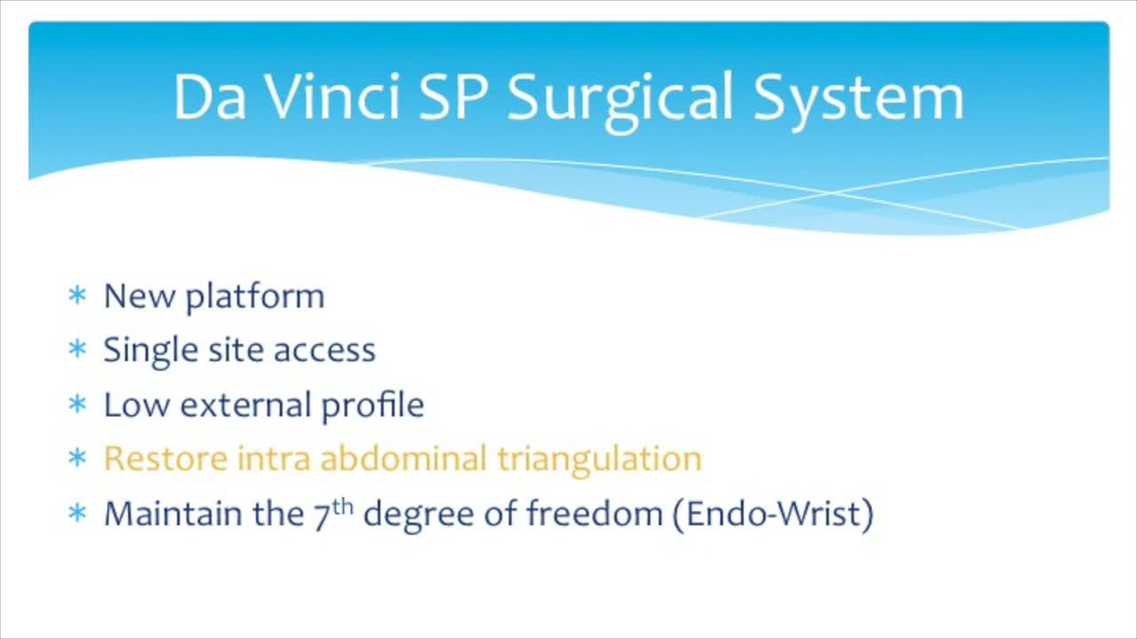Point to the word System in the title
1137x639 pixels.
(859, 98)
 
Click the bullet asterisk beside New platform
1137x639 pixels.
(76, 296)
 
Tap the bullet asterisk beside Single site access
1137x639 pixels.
(76, 351)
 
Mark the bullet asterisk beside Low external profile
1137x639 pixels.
(76, 406)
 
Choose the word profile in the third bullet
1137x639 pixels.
(372, 406)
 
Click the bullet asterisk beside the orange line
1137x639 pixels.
(76, 460)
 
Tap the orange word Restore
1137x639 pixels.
(165, 459)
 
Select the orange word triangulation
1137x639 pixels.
(599, 460)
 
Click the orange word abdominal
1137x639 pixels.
(403, 459)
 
